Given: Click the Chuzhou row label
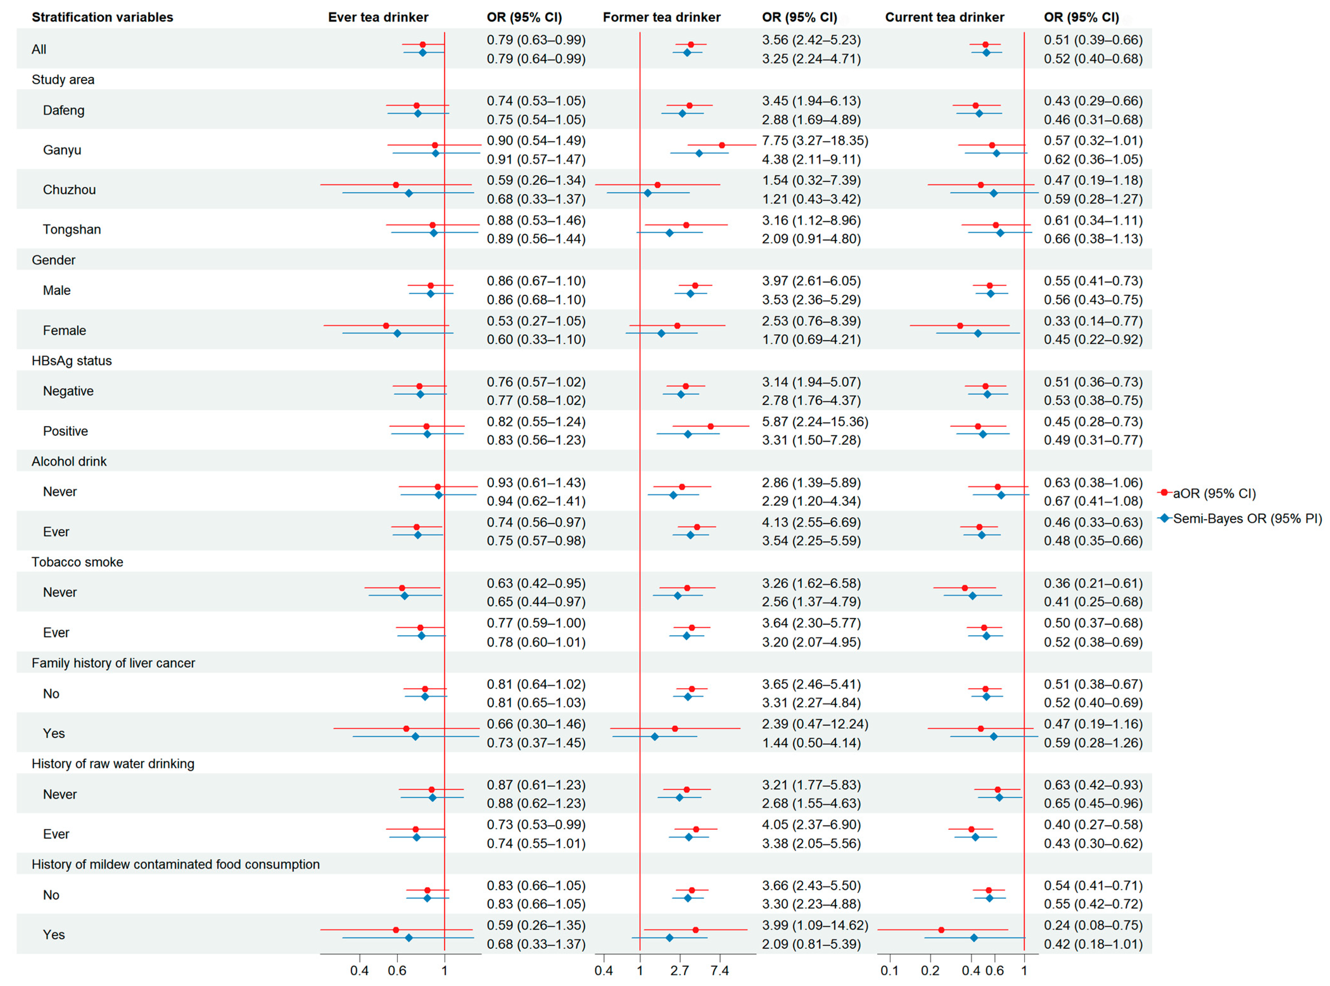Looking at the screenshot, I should (x=69, y=190).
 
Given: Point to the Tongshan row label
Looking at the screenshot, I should (x=72, y=230).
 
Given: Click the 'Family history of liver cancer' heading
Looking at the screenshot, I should (x=113, y=663).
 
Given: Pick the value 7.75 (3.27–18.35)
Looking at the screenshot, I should (x=814, y=141).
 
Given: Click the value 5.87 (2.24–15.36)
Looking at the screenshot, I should (x=814, y=422).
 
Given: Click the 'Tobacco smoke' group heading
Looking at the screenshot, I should (x=78, y=562).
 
